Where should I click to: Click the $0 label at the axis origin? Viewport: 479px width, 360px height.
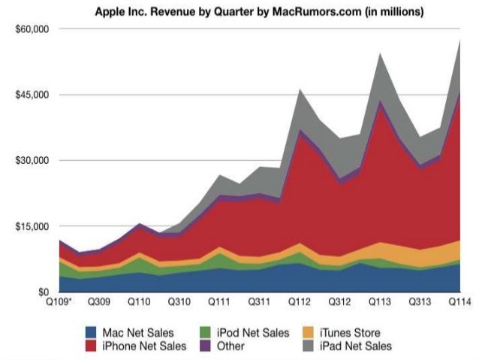[43, 292]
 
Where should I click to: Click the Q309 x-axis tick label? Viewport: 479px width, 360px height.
[99, 301]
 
